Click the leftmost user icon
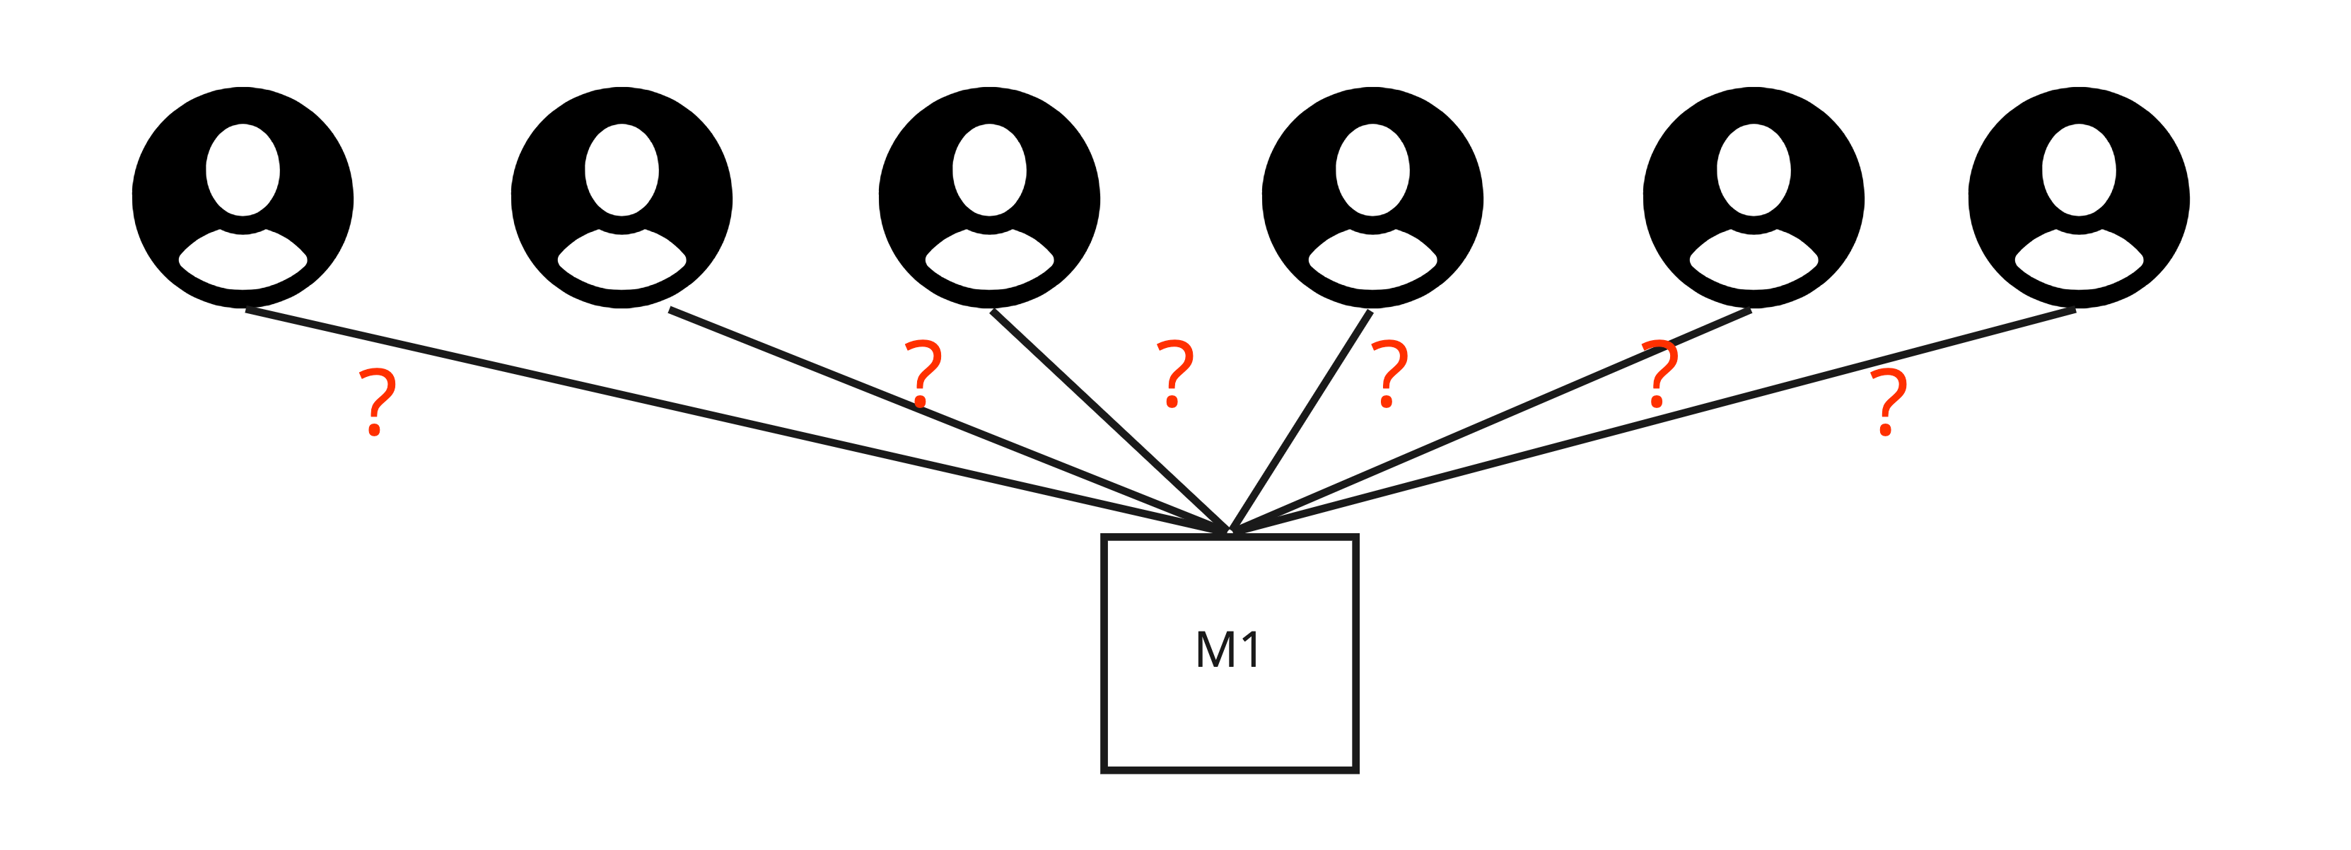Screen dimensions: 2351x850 (x=243, y=197)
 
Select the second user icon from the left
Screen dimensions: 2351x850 (x=622, y=197)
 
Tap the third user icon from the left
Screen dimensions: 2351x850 (x=989, y=197)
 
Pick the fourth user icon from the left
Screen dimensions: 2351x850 (x=1372, y=197)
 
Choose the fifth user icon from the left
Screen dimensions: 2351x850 (x=1754, y=197)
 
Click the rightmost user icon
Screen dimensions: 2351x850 (x=2079, y=197)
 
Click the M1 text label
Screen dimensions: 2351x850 (x=1228, y=650)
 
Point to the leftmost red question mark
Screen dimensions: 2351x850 (x=376, y=402)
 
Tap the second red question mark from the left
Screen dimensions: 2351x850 (x=923, y=373)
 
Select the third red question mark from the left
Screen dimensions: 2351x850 (x=1174, y=373)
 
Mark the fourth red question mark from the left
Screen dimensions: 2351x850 (x=1389, y=373)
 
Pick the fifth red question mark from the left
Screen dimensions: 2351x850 (x=1659, y=373)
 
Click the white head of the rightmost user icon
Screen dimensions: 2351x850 (x=2079, y=170)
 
